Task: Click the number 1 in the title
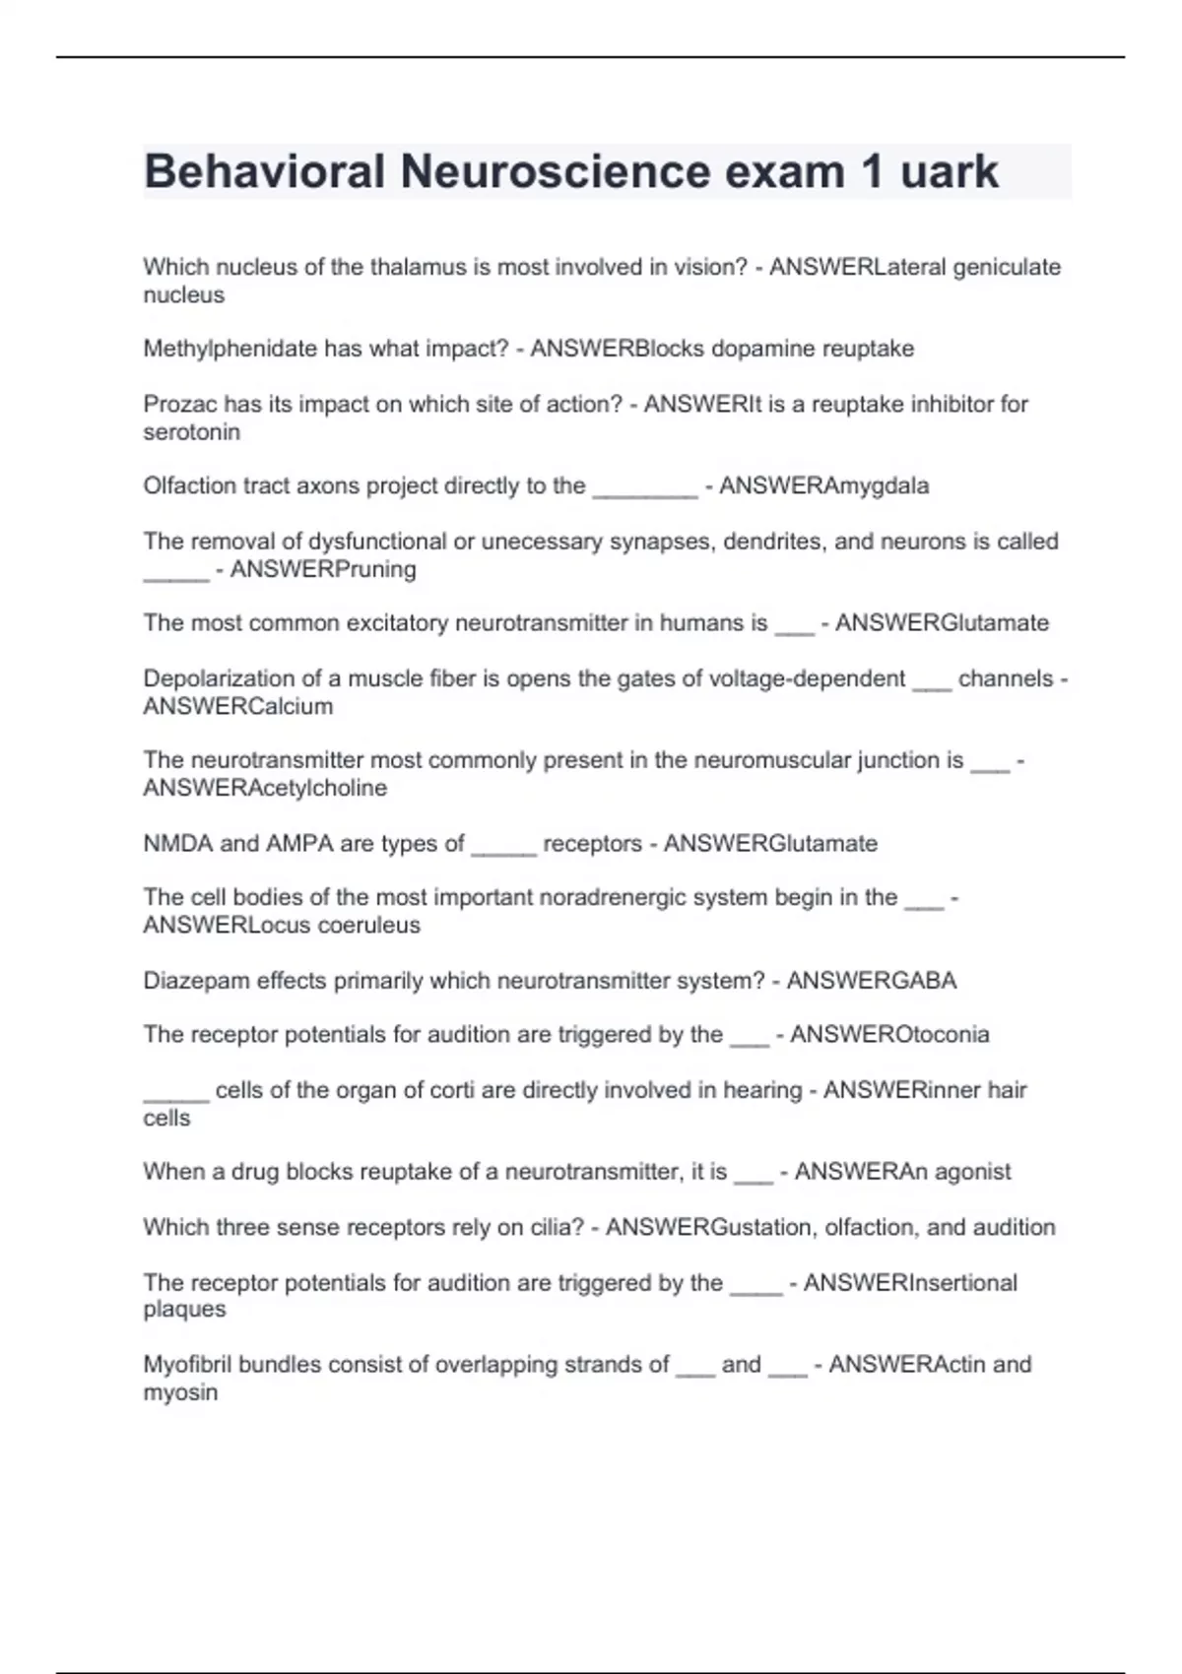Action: click(x=872, y=172)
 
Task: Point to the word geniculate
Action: click(x=1007, y=267)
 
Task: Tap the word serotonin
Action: click(x=192, y=431)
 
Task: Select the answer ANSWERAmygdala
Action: click(x=823, y=485)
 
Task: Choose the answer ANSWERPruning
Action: click(x=323, y=569)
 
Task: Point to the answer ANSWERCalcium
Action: click(x=238, y=706)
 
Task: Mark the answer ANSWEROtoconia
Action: click(x=889, y=1034)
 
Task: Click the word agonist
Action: click(x=972, y=1172)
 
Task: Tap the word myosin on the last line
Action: click(x=180, y=1392)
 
